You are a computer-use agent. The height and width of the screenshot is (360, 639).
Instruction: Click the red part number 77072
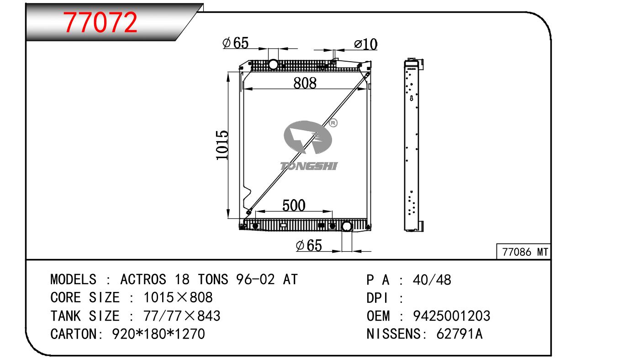click(x=100, y=22)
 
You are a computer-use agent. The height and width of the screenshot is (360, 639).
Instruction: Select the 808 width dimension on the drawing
click(x=305, y=83)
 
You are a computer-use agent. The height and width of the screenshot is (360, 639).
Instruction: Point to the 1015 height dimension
click(x=222, y=145)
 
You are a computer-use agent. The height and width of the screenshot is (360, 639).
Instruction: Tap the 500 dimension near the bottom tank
click(x=294, y=206)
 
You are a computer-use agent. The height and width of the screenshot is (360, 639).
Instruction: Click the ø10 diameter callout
click(x=366, y=44)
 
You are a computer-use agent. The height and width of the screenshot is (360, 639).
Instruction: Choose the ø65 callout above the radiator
click(x=236, y=43)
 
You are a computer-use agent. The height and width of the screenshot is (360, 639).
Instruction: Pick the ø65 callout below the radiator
click(x=309, y=245)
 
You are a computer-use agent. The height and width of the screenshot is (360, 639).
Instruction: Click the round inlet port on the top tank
click(x=273, y=64)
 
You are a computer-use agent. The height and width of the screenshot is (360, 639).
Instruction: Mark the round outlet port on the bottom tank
click(x=347, y=227)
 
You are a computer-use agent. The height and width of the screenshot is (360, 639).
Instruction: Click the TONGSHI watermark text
click(x=309, y=166)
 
